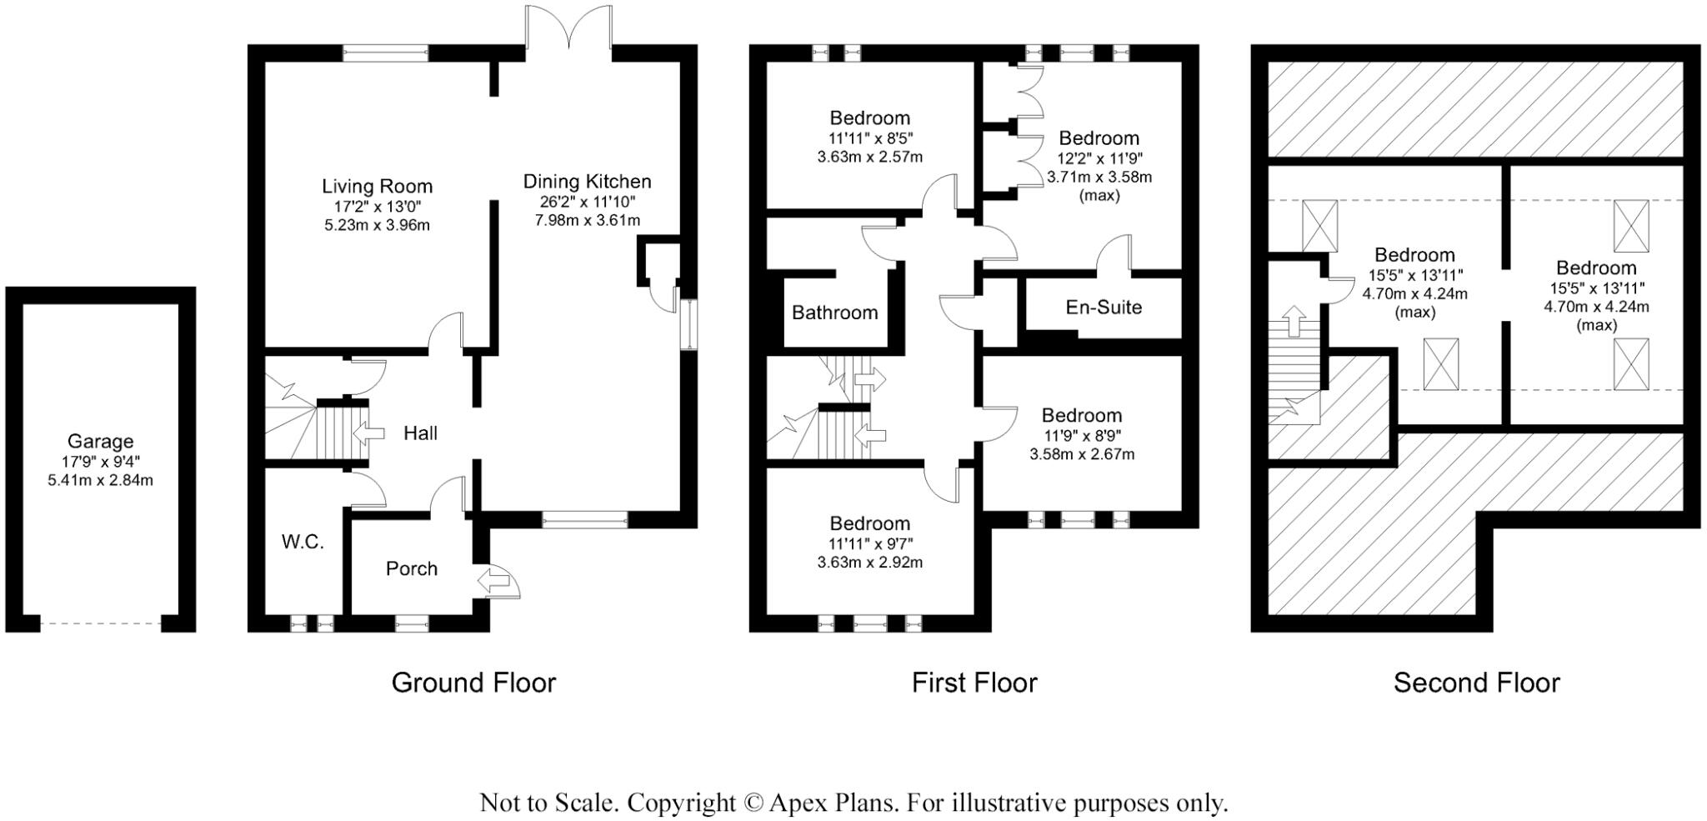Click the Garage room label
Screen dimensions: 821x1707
click(x=100, y=442)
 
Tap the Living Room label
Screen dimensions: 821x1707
click(x=377, y=186)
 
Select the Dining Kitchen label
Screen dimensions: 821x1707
click(x=587, y=182)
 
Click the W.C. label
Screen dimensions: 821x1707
click(x=303, y=542)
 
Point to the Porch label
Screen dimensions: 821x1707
click(x=411, y=568)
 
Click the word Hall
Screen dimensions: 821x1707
click(x=420, y=433)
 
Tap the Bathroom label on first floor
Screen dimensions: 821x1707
click(x=834, y=313)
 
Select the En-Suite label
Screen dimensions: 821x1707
click(x=1104, y=308)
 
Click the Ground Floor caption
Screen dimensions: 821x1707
click(x=473, y=683)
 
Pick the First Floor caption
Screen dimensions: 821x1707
click(x=974, y=683)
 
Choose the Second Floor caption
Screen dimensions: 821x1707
click(x=1476, y=683)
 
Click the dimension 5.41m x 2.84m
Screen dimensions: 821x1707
click(x=100, y=481)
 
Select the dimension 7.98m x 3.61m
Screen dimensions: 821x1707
click(x=587, y=221)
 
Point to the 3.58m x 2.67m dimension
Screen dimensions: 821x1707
click(x=1082, y=455)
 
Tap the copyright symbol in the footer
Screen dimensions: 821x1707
click(x=753, y=803)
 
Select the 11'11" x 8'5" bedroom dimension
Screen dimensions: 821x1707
click(x=869, y=138)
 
